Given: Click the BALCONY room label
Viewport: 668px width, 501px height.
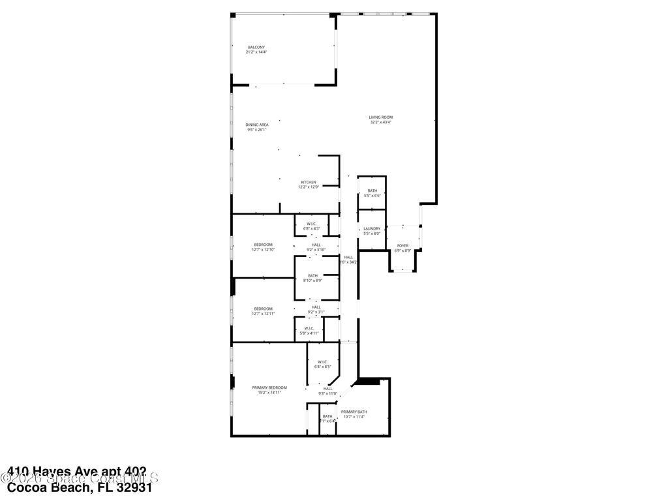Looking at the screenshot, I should click(256, 47).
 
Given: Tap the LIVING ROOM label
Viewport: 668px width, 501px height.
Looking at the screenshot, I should click(381, 117).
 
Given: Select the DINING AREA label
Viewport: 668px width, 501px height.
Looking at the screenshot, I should click(257, 125).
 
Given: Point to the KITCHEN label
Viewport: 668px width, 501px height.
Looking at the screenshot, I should click(309, 182).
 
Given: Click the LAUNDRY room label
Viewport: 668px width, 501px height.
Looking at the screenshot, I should click(372, 228).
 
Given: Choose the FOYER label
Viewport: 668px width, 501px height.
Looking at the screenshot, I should click(402, 245).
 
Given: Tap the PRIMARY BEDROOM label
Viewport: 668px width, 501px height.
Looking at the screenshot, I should click(269, 387).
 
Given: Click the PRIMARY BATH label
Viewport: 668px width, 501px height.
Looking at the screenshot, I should click(354, 412).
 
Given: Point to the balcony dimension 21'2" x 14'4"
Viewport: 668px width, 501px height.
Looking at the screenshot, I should click(256, 52).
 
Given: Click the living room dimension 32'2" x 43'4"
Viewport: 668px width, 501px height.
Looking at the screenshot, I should click(381, 123).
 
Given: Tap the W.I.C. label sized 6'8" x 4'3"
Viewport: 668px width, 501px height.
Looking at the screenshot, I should click(313, 224).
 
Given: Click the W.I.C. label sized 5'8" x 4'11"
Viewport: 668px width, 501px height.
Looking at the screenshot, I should click(309, 328).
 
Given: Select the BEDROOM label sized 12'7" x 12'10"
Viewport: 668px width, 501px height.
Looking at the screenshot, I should click(263, 245).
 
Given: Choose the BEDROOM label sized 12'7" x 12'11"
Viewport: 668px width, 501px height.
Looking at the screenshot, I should click(263, 309).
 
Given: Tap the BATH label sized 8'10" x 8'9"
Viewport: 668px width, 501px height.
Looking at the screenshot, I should click(313, 276).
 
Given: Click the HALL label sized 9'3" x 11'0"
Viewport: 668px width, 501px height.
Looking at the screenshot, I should click(327, 389).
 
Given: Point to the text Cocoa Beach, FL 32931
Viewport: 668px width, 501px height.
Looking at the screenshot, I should click(80, 487).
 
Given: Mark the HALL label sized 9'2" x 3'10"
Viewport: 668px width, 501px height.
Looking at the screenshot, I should click(316, 245).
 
